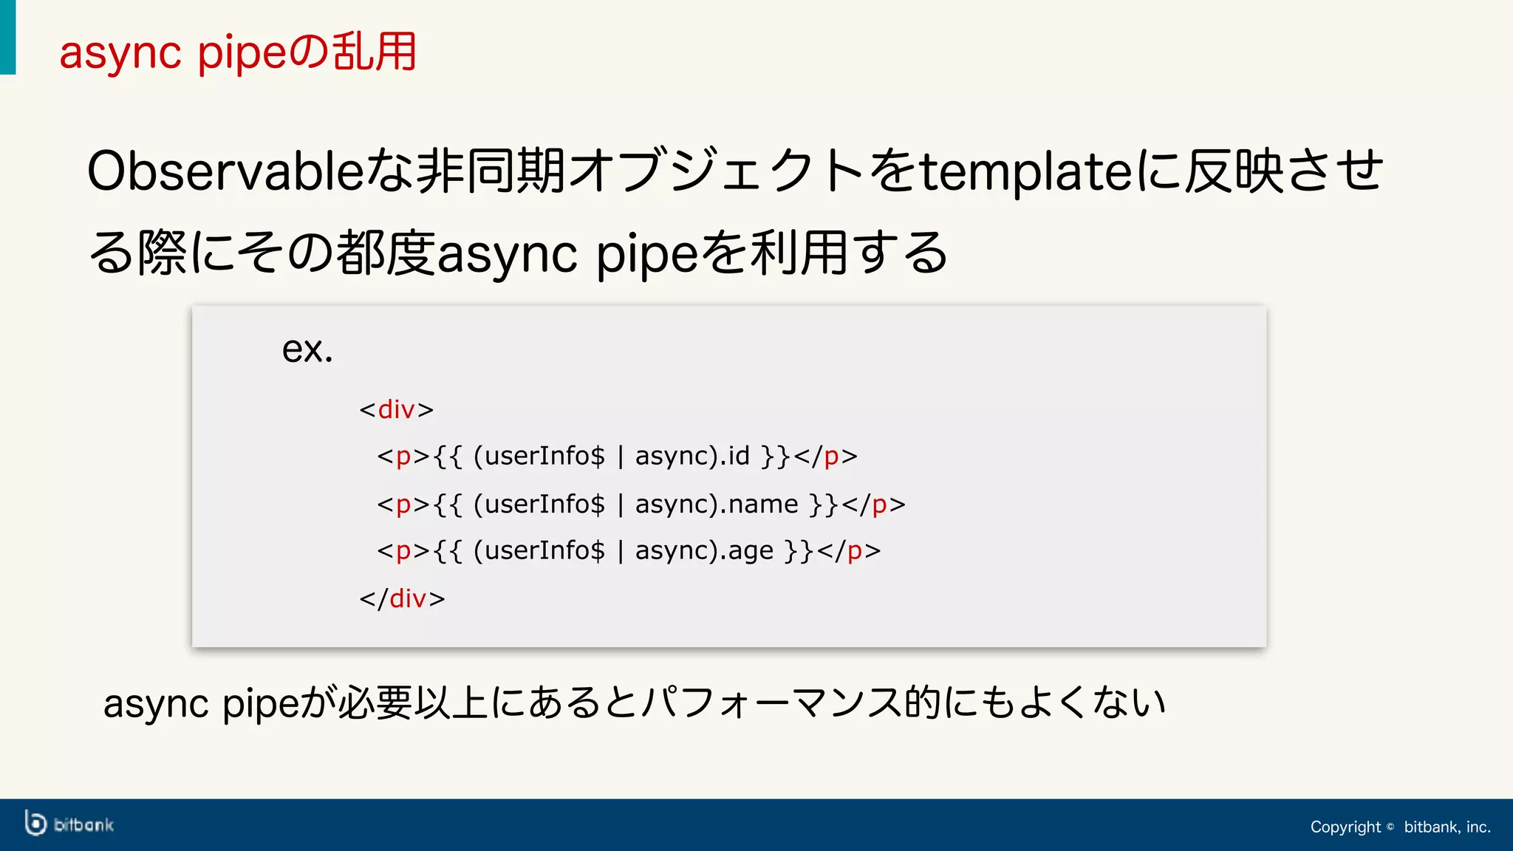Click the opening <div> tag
[397, 409]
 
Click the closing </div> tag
[403, 598]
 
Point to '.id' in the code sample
[737, 456]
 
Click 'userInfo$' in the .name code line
[544, 504]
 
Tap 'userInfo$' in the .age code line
[544, 551]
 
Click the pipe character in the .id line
[621, 457]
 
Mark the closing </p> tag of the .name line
[873, 504]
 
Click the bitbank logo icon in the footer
[35, 824]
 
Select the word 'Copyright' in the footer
[1345, 827]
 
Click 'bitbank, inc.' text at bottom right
[1447, 827]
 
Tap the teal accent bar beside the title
[7, 37]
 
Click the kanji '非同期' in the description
[491, 171]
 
